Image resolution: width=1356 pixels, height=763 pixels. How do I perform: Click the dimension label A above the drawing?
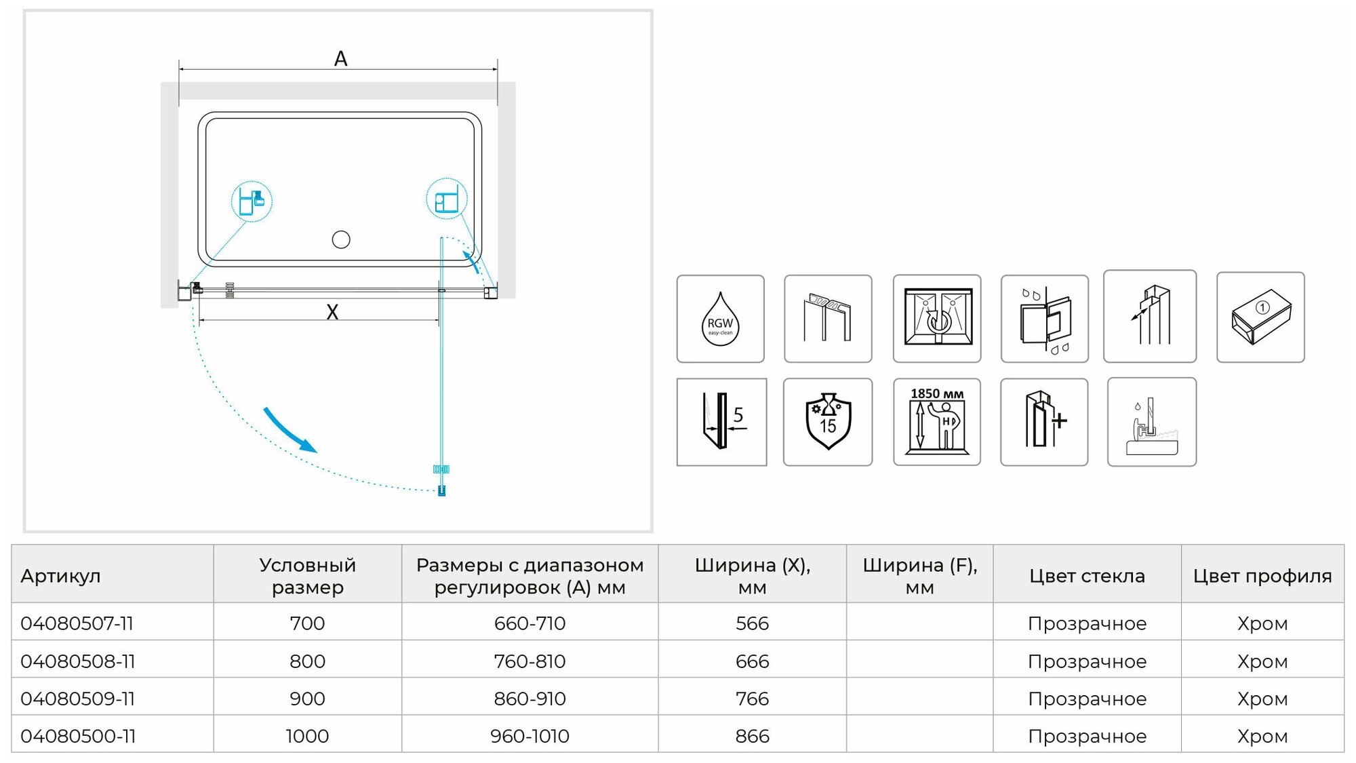[x=340, y=59]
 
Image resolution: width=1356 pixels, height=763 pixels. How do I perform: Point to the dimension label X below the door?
[x=332, y=312]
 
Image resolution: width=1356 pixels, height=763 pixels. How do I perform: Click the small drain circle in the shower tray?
[x=341, y=239]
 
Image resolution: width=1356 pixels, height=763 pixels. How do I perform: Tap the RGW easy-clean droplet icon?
[x=720, y=319]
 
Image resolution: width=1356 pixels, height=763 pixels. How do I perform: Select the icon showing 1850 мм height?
[x=937, y=422]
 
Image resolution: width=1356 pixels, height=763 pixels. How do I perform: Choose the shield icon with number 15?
[x=828, y=422]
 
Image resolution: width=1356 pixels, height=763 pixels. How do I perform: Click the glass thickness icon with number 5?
[x=721, y=422]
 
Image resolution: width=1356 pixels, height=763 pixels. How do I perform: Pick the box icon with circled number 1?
[x=1260, y=317]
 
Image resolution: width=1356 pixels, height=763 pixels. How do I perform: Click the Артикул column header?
[x=61, y=576]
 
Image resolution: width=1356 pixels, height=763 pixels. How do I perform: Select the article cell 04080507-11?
[x=77, y=623]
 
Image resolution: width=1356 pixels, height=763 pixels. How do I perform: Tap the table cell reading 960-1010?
[x=530, y=736]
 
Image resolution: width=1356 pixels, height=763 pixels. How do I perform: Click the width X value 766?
[x=752, y=699]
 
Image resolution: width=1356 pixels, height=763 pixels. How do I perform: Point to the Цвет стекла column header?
[x=1087, y=576]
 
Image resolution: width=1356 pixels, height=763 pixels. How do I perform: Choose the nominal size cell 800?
[x=307, y=661]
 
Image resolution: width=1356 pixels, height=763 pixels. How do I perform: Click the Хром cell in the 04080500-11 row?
[x=1262, y=736]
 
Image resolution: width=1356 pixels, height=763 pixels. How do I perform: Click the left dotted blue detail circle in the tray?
[x=252, y=201]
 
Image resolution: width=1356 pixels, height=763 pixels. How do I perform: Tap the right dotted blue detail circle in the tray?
[x=446, y=199]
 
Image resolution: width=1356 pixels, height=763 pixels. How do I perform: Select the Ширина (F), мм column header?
[x=919, y=576]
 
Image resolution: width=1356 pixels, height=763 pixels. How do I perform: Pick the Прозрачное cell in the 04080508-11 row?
[x=1087, y=661]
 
